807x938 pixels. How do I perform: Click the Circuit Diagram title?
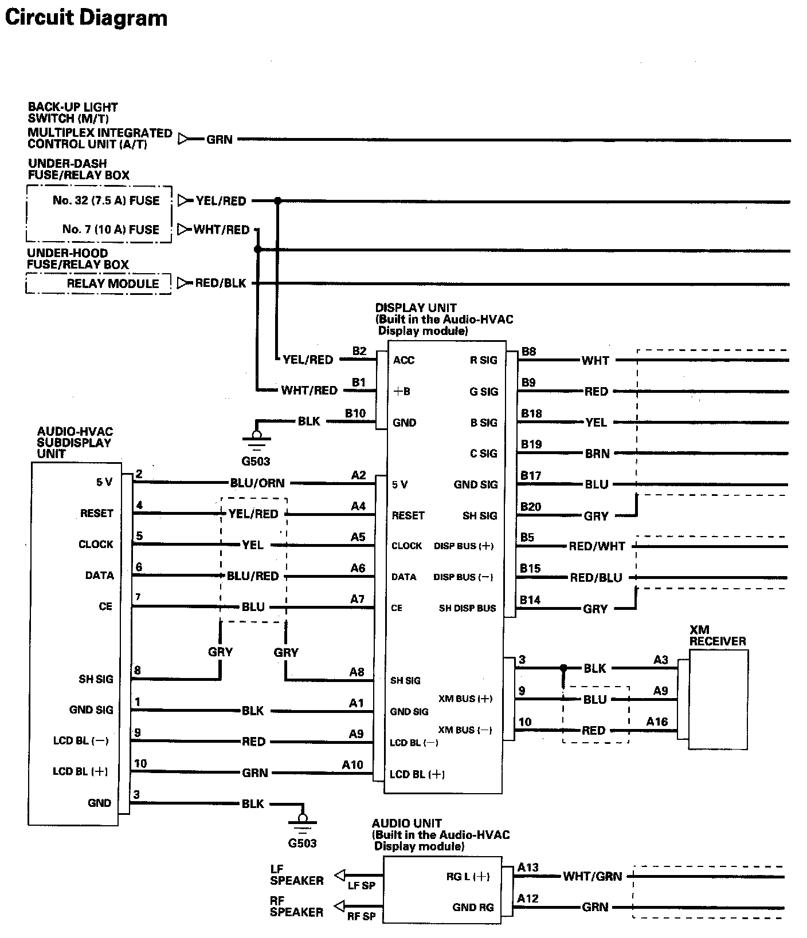click(x=86, y=18)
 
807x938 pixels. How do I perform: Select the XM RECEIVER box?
click(x=718, y=699)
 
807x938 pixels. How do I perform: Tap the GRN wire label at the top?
click(x=220, y=139)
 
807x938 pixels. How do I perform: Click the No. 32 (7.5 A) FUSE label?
click(x=106, y=200)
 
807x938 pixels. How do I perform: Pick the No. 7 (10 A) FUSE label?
click(x=111, y=229)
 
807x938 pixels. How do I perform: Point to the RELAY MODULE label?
click(x=112, y=283)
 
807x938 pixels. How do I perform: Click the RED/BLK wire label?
click(x=221, y=283)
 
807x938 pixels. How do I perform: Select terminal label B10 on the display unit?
click(x=355, y=413)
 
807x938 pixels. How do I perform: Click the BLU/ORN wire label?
click(x=257, y=483)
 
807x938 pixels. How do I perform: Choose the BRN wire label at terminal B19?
click(x=597, y=454)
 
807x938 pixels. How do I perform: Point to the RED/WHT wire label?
click(x=597, y=546)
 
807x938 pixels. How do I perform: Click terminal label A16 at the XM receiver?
click(x=657, y=722)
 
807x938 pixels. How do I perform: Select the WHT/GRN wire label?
click(x=592, y=876)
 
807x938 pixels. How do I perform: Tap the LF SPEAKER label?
click(x=296, y=874)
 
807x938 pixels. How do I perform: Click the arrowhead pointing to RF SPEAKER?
click(x=339, y=906)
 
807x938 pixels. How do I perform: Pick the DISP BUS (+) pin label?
click(x=464, y=546)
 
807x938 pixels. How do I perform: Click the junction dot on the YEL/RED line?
click(x=278, y=201)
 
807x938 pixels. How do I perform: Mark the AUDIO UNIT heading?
click(x=406, y=823)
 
